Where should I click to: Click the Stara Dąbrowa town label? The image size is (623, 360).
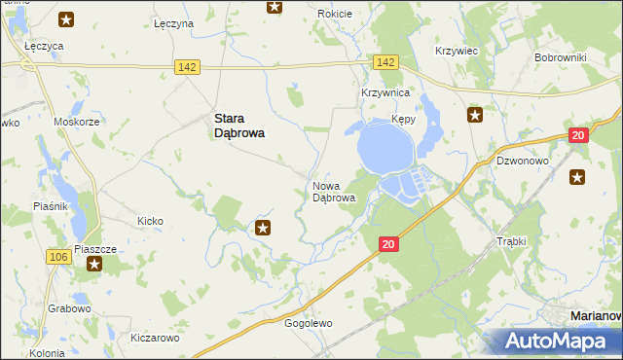(239, 127)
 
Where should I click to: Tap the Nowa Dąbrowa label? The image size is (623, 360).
(333, 192)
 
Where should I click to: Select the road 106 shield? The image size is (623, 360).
(57, 256)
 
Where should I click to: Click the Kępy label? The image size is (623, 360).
(404, 119)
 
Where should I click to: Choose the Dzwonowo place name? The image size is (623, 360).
(523, 162)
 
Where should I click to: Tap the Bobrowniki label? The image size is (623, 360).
(560, 57)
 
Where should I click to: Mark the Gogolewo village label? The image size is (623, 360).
(309, 323)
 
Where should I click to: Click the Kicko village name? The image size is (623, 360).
(150, 221)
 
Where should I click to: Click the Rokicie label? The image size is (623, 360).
(335, 14)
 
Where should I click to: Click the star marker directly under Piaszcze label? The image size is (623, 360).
(95, 265)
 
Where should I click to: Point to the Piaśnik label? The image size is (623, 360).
(50, 206)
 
